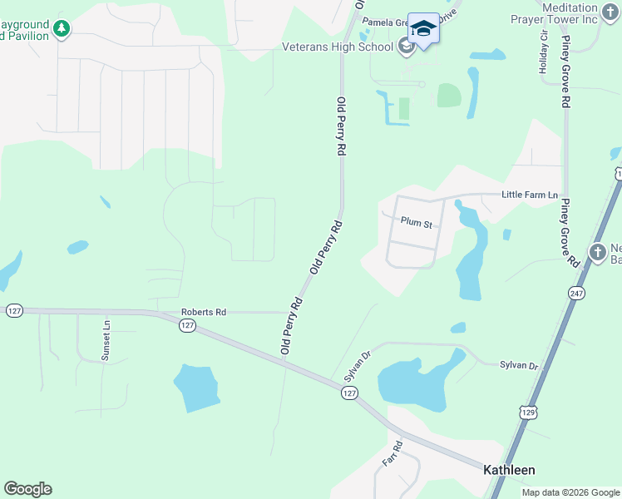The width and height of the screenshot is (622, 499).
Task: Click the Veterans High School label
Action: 338,47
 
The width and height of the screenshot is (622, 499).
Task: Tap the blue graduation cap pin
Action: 423,29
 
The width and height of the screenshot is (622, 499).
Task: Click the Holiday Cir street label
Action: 544,55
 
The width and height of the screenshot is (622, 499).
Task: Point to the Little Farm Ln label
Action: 530,194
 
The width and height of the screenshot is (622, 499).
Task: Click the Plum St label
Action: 416,223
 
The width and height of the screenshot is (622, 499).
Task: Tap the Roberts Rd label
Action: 204,313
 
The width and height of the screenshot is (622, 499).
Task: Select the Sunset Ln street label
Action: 106,340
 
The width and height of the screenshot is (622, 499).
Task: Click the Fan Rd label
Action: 392,452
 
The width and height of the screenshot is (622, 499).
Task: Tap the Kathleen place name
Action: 509,470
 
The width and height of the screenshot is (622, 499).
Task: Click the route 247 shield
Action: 576,293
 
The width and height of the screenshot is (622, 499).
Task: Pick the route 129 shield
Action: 527,412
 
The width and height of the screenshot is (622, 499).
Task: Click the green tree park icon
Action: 62,29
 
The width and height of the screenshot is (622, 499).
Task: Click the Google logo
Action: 27,489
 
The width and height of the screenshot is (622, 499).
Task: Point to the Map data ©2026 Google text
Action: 570,492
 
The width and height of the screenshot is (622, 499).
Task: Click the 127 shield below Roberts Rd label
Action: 187,325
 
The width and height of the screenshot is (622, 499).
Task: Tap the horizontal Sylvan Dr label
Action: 520,365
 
